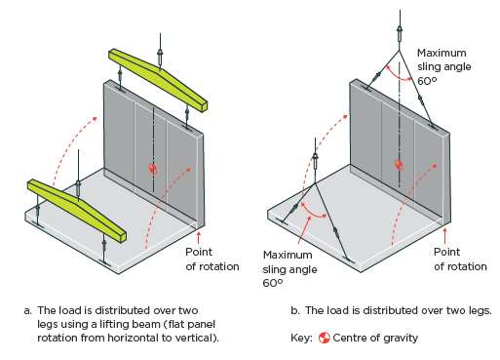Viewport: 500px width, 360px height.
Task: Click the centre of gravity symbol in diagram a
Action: pos(153,168)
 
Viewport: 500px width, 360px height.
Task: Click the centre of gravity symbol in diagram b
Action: pos(399,165)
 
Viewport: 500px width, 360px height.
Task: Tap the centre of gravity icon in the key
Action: pos(324,338)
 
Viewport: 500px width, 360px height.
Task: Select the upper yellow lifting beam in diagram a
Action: pos(158,80)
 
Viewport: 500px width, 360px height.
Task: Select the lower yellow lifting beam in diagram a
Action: pos(77,210)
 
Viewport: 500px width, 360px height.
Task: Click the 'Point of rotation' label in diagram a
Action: pos(212,260)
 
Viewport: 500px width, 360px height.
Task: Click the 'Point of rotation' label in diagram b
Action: pos(460,260)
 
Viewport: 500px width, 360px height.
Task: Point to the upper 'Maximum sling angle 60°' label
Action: pos(443,66)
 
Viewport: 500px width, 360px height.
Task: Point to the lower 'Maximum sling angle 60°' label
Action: pos(289,269)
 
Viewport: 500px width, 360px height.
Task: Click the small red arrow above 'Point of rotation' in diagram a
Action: pos(198,237)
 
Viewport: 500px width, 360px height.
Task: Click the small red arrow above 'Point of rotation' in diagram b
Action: pos(444,236)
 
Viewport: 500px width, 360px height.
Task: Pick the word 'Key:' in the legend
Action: pos(301,339)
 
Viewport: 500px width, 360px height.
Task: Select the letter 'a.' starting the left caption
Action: pos(28,310)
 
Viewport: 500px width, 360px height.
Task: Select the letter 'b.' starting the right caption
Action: pos(295,310)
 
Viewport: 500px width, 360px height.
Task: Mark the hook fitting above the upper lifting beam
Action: pos(160,56)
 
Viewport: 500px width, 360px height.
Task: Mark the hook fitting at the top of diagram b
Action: pos(400,33)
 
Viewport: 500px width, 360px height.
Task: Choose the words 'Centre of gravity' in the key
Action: pos(375,339)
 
